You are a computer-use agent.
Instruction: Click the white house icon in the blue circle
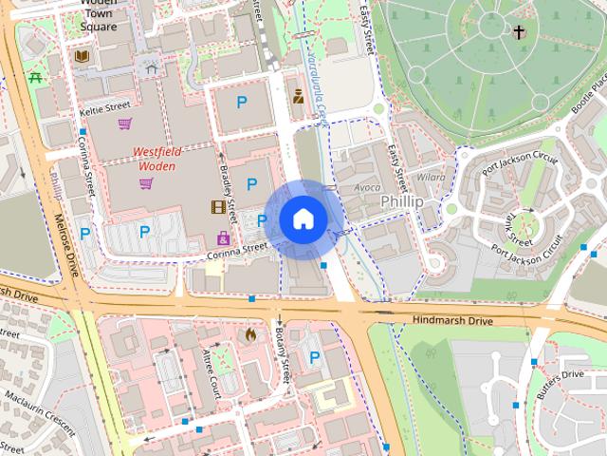coord(303,218)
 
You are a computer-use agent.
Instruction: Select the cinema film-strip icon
coord(219,207)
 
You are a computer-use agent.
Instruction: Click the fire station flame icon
coord(250,335)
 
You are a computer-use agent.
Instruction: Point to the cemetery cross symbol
coord(519,32)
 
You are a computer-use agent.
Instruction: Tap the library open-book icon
coord(82,57)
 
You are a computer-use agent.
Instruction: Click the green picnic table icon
coord(36,78)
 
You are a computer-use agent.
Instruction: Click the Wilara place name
coord(430,177)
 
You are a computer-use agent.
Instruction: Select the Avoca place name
coord(367,187)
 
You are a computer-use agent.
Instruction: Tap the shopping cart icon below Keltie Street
coord(124,123)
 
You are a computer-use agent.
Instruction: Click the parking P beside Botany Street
coord(315,357)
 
